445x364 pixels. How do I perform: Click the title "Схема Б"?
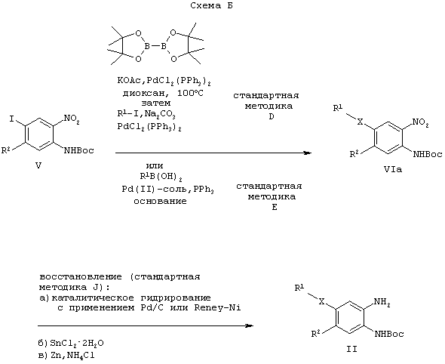212,5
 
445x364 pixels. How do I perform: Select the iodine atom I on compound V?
11,119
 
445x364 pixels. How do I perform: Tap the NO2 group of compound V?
72,119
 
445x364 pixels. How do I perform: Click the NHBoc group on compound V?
79,150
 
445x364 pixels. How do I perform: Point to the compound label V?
38,165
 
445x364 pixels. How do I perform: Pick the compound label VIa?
393,170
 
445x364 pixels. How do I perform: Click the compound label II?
351,349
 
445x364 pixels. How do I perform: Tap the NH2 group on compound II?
382,302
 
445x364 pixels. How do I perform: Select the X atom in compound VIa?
360,122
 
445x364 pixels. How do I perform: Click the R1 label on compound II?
299,288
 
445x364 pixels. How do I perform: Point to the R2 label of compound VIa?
354,154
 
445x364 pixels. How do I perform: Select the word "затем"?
156,103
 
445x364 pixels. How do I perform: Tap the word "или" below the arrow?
155,165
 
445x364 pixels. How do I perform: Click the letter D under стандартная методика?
272,116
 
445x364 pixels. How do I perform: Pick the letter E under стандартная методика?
275,207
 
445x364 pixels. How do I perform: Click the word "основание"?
161,201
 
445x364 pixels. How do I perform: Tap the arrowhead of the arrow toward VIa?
308,153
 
